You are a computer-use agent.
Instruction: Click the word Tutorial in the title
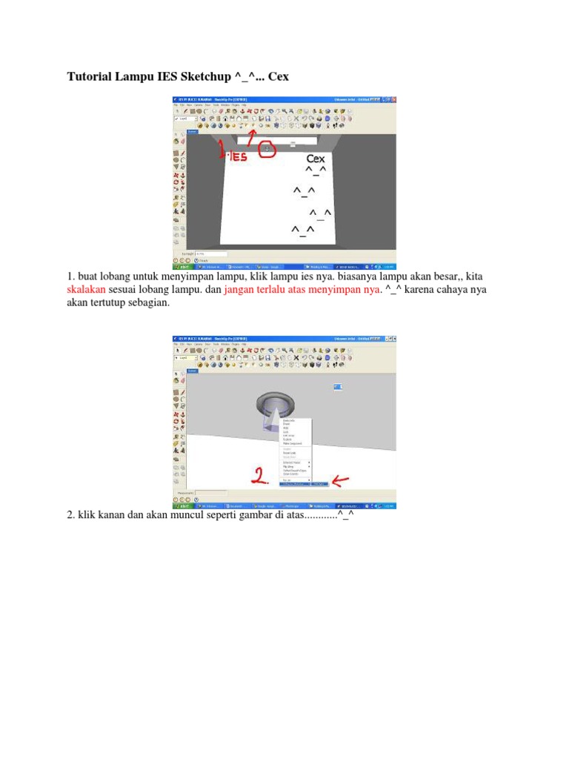pos(90,76)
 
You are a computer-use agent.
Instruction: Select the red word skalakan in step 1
pos(89,290)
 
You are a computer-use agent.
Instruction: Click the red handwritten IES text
pos(236,156)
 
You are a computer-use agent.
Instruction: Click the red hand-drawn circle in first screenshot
pos(267,150)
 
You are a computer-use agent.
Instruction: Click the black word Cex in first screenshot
pos(316,159)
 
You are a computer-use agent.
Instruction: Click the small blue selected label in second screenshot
pos(339,387)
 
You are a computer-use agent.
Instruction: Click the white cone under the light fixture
pos(274,421)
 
